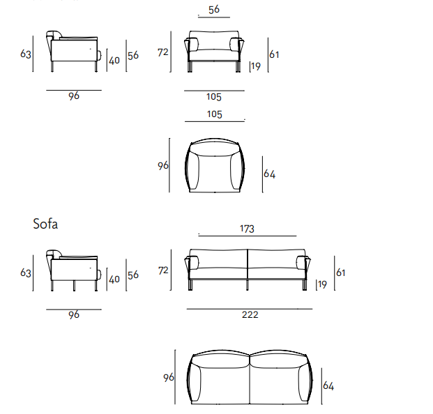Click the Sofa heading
point(45,224)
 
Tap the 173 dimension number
point(247,229)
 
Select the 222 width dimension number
point(250,314)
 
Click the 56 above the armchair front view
point(214,10)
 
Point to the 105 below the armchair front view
point(214,97)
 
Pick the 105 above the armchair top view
point(214,114)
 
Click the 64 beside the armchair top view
point(269,174)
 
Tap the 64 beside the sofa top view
point(328,385)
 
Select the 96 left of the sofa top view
point(169,378)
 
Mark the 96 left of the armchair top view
point(163,166)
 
